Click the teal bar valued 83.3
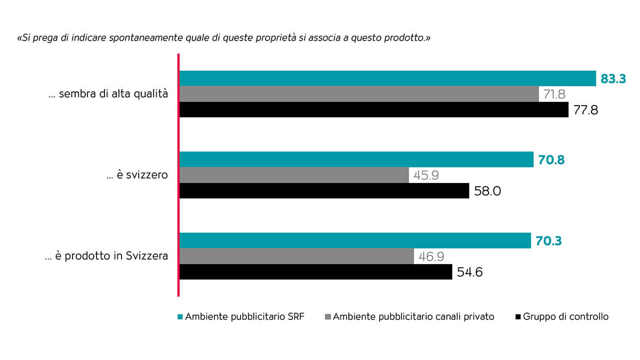[x=387, y=78]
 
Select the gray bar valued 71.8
[x=359, y=94]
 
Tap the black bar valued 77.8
[x=373, y=110]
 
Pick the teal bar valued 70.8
[x=356, y=159]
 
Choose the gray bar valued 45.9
[x=294, y=175]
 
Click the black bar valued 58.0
[x=324, y=191]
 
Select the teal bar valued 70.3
[x=355, y=241]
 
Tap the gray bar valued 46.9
[x=297, y=256]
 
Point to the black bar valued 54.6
[x=315, y=272]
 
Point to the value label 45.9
[x=426, y=175]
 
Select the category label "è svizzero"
[x=138, y=175]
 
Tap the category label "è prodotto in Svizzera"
[x=107, y=256]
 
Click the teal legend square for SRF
[x=179, y=317]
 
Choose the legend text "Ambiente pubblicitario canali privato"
[x=413, y=317]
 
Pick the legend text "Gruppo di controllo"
[x=566, y=317]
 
